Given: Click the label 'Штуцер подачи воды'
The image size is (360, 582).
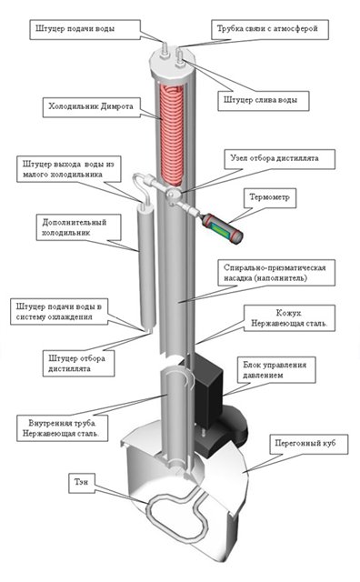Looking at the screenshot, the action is [75, 28].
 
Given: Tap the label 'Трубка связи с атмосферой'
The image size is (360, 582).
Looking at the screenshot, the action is [267, 28].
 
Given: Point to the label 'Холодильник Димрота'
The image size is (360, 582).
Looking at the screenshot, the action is [91, 106].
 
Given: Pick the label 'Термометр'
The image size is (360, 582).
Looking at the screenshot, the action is [269, 197].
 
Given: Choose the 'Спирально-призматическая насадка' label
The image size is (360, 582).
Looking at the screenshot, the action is [275, 273].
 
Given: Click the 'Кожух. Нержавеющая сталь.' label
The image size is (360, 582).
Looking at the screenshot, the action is [289, 318].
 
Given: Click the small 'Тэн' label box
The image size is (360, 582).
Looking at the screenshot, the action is [81, 482].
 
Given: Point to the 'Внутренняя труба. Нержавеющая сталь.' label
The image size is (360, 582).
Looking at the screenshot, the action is [61, 428].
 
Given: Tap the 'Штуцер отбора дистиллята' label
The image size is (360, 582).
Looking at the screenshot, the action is [77, 364].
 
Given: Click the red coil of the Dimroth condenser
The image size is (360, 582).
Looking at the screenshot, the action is [172, 135].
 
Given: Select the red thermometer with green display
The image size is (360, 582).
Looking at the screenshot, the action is [221, 227].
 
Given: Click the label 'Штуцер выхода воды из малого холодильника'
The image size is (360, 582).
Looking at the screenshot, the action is [68, 169].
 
